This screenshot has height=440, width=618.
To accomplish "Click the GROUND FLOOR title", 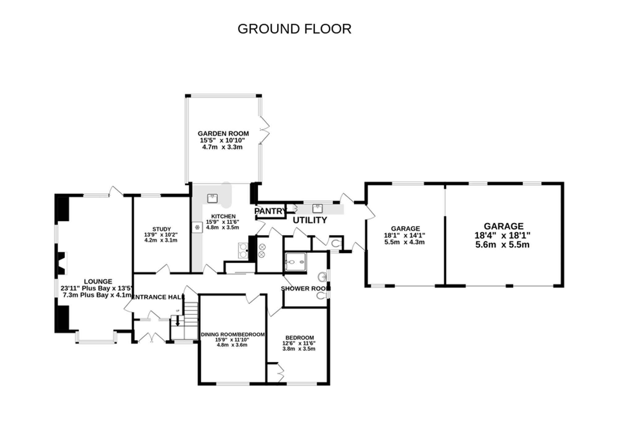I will [x=294, y=29].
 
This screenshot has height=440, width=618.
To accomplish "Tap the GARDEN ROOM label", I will [x=223, y=134].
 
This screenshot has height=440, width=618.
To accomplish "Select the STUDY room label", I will [x=161, y=229].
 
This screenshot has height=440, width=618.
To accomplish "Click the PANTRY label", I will [x=270, y=211].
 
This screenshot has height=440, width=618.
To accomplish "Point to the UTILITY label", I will [x=310, y=220].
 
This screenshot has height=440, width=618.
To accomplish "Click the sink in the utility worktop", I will [x=317, y=209].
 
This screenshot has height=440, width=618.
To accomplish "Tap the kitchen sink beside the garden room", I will [x=212, y=198].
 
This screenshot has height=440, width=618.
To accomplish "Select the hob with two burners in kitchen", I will [x=243, y=251].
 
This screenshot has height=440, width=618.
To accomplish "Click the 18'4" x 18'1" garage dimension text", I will [x=502, y=235].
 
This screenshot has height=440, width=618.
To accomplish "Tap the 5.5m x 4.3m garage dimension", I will [x=404, y=242].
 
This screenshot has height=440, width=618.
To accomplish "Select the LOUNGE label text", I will [x=98, y=282].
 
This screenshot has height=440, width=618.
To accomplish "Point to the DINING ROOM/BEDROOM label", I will [x=232, y=334].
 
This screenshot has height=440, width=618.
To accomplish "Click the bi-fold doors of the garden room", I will [x=265, y=130].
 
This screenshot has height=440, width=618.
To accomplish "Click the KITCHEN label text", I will [x=223, y=216].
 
